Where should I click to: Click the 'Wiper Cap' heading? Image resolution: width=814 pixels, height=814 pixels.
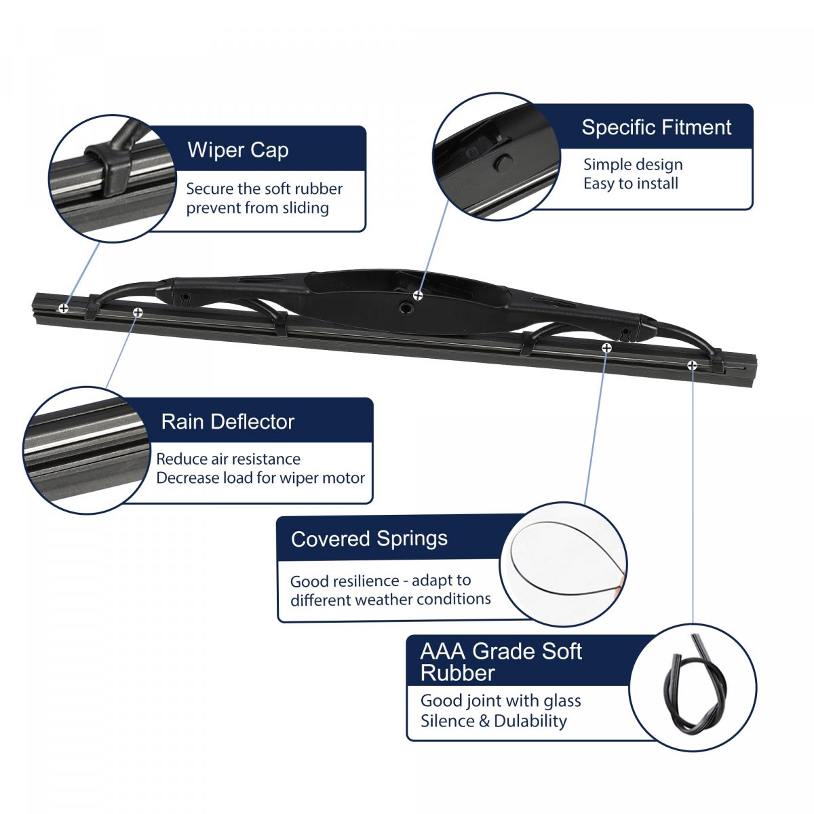(238, 151)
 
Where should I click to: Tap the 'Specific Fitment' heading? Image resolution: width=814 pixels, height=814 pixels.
(656, 127)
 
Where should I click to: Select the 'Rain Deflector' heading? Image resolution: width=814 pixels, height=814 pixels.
(228, 421)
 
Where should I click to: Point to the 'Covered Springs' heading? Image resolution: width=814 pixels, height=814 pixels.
(369, 539)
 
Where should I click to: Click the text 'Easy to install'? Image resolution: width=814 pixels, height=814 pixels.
(631, 183)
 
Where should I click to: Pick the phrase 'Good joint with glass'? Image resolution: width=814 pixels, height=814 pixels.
(501, 701)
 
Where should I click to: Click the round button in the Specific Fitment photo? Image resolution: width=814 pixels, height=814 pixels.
(503, 163)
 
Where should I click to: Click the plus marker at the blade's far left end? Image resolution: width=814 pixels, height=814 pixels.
(63, 308)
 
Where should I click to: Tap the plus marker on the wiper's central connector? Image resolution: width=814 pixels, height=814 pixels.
(418, 295)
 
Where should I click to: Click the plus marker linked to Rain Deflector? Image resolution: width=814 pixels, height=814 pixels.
(138, 312)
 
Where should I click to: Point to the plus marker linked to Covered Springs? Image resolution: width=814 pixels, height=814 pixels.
(606, 348)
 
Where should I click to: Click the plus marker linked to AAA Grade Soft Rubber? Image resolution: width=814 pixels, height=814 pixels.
(692, 366)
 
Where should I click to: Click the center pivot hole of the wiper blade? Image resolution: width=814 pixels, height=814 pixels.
(406, 309)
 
